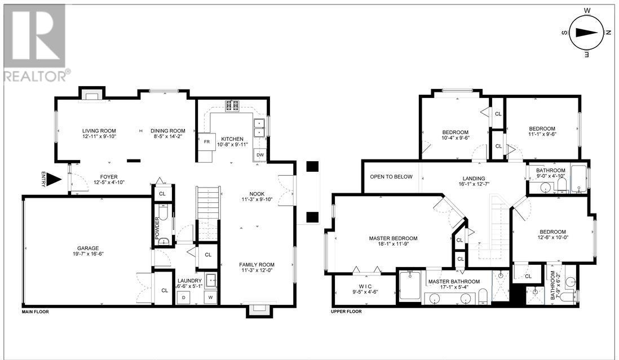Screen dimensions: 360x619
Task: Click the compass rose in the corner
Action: [x=588, y=32]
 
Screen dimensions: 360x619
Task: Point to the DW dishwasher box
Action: [x=260, y=154]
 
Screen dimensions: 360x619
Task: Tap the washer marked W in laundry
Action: [x=211, y=296]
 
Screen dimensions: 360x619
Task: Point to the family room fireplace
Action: [x=260, y=309]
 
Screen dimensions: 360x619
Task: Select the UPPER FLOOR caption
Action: [x=346, y=312]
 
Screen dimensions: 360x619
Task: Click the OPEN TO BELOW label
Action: [x=391, y=177]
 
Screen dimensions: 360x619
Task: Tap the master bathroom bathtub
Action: [x=410, y=286]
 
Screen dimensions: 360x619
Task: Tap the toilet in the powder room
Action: [x=163, y=241]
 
